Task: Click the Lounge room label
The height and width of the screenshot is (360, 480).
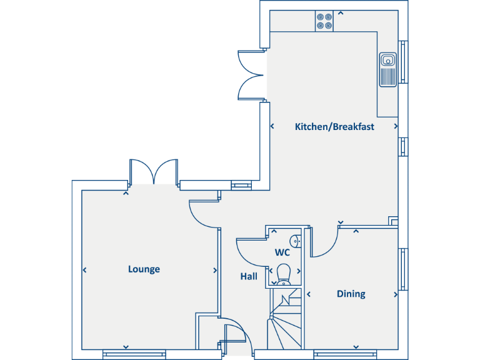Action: (144, 269)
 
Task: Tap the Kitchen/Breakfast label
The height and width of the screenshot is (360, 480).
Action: (334, 127)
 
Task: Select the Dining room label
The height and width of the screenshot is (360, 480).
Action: (351, 294)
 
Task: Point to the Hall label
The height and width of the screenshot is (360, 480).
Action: (249, 276)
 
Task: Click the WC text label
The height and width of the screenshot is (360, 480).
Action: (282, 253)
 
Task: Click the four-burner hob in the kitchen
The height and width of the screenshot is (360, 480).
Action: (324, 21)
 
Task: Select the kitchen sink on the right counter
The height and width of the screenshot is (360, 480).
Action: (387, 67)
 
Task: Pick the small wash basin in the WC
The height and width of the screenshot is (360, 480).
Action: (296, 240)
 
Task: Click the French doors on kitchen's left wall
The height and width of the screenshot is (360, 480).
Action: (250, 75)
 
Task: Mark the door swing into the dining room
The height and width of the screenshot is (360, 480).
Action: (324, 244)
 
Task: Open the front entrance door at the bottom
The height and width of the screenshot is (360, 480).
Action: (237, 341)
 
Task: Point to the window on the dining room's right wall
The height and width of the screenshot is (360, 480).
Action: (403, 269)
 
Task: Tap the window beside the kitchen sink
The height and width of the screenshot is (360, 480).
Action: (403, 62)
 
